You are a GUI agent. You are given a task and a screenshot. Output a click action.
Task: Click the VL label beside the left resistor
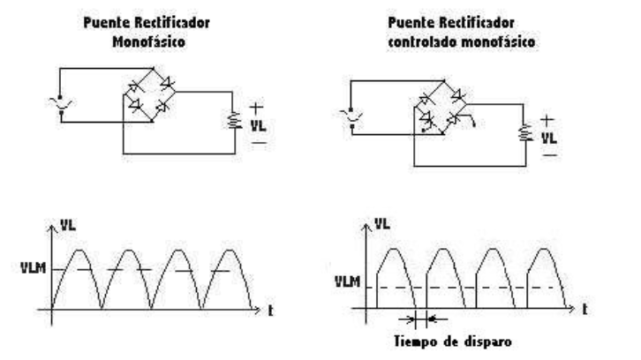pos(257,124)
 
